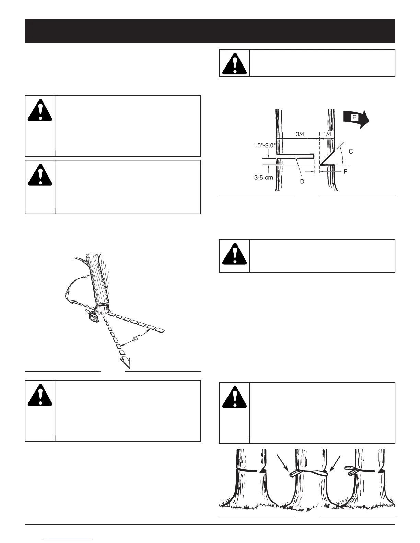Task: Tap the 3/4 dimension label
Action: pos(300,134)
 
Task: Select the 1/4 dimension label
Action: pos(327,134)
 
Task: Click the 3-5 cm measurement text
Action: pos(264,178)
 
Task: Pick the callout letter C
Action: pos(351,151)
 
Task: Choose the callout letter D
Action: pos(302,182)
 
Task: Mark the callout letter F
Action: pos(346,171)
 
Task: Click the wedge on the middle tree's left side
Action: pos(295,473)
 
